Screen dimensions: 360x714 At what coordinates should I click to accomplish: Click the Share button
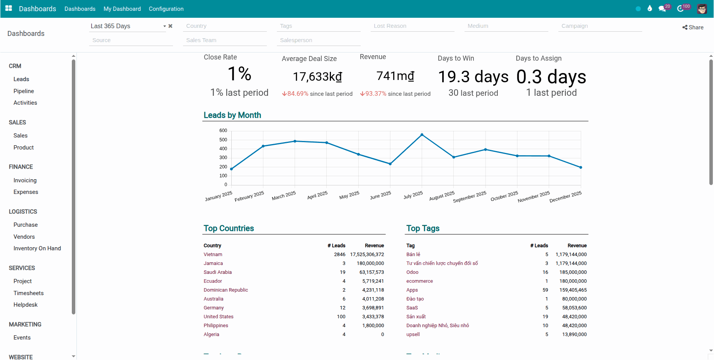tap(693, 27)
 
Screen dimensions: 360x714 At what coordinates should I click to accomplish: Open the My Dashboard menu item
tap(122, 9)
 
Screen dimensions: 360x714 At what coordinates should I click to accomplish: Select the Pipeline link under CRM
tap(24, 91)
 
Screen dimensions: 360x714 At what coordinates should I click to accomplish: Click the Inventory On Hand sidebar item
tap(37, 248)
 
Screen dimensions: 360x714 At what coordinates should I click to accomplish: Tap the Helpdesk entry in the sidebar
tap(25, 305)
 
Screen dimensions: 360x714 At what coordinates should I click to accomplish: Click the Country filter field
tap(225, 26)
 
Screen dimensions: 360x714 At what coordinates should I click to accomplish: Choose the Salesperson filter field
tap(318, 40)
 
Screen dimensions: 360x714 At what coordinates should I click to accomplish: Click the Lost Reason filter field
tap(412, 26)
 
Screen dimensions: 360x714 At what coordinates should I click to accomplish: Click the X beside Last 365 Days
tap(170, 26)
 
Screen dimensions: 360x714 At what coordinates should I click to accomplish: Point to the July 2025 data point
tap(422, 135)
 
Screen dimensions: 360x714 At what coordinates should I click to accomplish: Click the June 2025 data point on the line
tap(390, 164)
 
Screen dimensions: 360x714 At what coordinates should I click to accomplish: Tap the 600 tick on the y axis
tap(223, 131)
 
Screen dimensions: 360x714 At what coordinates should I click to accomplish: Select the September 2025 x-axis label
tap(470, 197)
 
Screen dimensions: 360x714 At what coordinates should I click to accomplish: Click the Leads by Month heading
tap(232, 115)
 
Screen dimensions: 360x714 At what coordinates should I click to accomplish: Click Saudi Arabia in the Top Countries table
tap(218, 272)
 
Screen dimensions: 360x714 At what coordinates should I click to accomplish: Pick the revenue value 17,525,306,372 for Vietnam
tap(367, 255)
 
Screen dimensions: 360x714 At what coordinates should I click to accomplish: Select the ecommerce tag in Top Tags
tap(419, 281)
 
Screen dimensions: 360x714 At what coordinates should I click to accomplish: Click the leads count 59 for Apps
tap(545, 290)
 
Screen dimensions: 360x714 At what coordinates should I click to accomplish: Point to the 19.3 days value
tap(473, 77)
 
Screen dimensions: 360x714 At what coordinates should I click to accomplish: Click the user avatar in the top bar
tap(702, 8)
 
